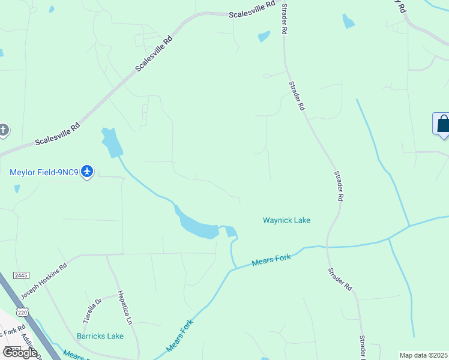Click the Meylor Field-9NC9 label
44,173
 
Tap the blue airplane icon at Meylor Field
88,172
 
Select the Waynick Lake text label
286,220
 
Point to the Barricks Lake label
100,336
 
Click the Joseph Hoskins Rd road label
43,281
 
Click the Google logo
20,353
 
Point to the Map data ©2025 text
423,355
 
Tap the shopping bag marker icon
443,124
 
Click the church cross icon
4,130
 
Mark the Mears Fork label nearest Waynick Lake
271,260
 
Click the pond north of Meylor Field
112,142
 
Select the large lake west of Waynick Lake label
198,227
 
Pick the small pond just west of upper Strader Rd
264,37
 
